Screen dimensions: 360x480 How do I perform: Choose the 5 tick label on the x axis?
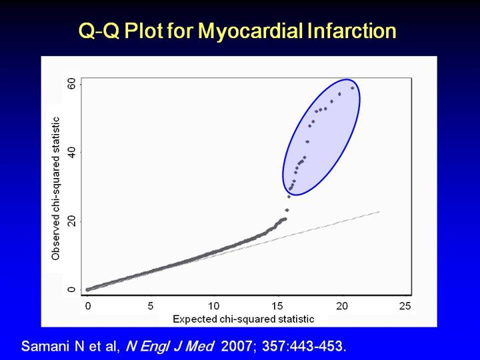point(151,306)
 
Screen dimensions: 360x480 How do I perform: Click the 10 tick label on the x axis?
point(214,306)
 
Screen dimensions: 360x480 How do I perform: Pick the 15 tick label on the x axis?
point(277,306)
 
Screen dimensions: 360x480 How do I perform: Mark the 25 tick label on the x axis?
point(405,306)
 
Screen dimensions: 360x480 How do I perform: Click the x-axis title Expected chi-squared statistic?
point(243,319)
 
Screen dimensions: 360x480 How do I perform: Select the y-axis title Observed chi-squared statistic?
point(56,189)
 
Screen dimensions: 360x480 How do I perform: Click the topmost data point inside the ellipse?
point(353,88)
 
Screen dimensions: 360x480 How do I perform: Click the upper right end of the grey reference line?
point(379,211)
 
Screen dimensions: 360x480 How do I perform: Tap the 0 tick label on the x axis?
point(88,306)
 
